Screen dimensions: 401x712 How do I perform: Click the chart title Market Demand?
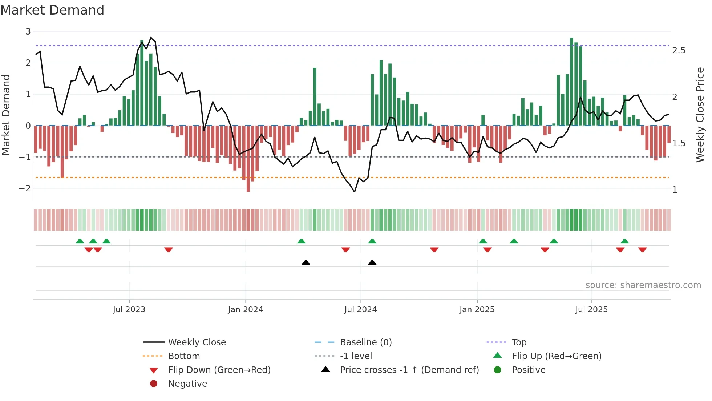pyautogui.click(x=52, y=10)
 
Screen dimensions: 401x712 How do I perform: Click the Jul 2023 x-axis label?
pyautogui.click(x=129, y=310)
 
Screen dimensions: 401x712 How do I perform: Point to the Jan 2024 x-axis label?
pyautogui.click(x=245, y=310)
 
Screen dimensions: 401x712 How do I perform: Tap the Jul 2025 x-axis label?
pyautogui.click(x=591, y=310)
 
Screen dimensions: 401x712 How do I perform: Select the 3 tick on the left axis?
pyautogui.click(x=28, y=32)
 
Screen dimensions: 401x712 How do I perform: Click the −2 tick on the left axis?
pyautogui.click(x=25, y=188)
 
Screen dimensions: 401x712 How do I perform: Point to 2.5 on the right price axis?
pyautogui.click(x=679, y=51)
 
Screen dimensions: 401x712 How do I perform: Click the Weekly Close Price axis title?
pyautogui.click(x=700, y=115)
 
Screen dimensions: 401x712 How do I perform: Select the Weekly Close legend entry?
pyautogui.click(x=197, y=342)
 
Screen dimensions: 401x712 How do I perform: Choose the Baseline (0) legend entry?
pyautogui.click(x=365, y=342)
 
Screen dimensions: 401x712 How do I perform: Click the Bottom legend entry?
pyautogui.click(x=184, y=356)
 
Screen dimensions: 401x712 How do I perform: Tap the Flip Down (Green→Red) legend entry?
pyautogui.click(x=219, y=370)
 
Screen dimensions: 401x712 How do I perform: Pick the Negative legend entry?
pyautogui.click(x=187, y=384)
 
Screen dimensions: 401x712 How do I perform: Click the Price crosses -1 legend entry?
pyautogui.click(x=409, y=370)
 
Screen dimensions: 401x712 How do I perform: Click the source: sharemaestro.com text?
pyautogui.click(x=643, y=285)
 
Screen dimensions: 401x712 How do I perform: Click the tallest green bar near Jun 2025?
pyautogui.click(x=571, y=82)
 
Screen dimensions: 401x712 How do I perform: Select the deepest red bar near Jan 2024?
pyautogui.click(x=248, y=159)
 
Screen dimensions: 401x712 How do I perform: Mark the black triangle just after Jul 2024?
pyautogui.click(x=372, y=262)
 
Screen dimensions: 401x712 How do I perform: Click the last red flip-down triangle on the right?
pyautogui.click(x=642, y=250)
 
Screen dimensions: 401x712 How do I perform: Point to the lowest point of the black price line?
pyautogui.click(x=355, y=192)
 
